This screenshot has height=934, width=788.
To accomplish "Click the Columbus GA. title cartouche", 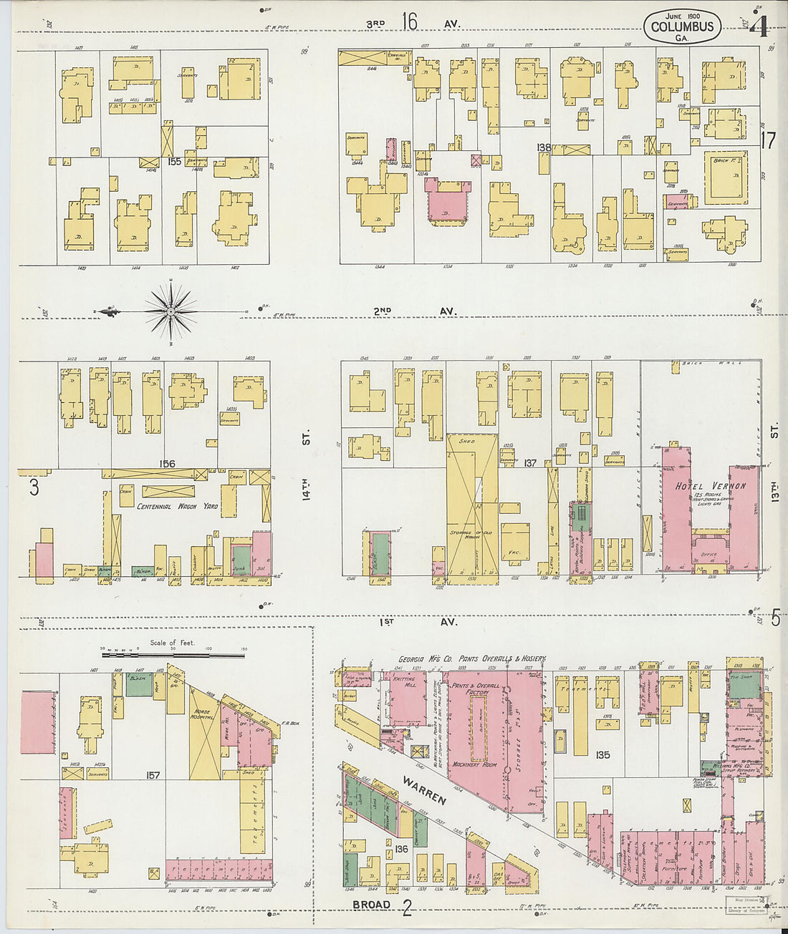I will click(682, 26).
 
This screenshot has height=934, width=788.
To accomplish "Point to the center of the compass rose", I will click(171, 311).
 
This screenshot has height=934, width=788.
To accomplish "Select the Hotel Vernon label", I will click(710, 486).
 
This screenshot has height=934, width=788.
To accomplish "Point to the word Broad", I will click(371, 905).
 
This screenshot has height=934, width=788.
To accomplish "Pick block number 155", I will click(173, 162).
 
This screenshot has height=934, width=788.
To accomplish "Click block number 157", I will click(153, 775).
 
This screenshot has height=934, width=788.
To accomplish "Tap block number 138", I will click(544, 147).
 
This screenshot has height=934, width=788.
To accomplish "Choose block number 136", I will click(401, 850).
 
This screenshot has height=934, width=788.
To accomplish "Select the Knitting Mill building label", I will click(405, 682).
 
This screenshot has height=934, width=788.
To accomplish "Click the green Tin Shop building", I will click(744, 685).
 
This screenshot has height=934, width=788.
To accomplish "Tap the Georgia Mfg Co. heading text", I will click(472, 658).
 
